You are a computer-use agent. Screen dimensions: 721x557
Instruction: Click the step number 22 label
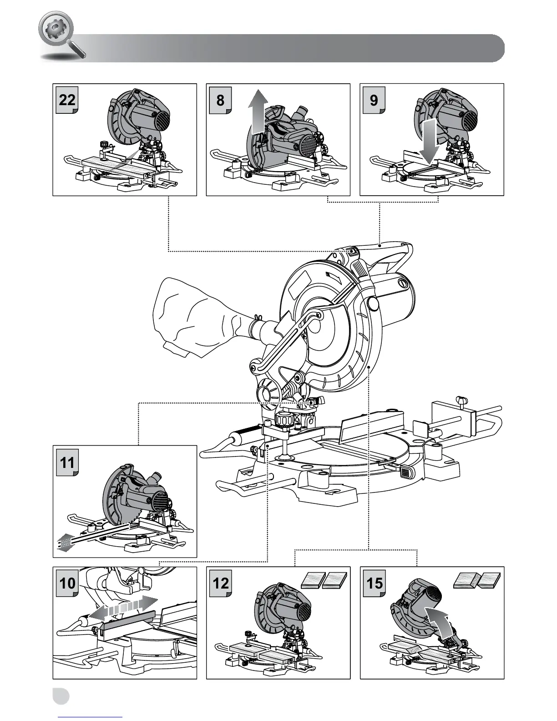pyautogui.click(x=67, y=99)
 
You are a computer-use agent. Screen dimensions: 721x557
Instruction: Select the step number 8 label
pyautogui.click(x=221, y=99)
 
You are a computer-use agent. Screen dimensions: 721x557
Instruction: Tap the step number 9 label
pyautogui.click(x=374, y=99)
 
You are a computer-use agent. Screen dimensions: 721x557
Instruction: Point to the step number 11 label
pyautogui.click(x=67, y=462)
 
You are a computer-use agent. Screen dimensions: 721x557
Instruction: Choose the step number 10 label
pyautogui.click(x=67, y=583)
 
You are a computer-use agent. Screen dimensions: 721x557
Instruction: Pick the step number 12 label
pyautogui.click(x=221, y=583)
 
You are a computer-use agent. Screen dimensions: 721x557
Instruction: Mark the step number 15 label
pyautogui.click(x=374, y=583)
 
